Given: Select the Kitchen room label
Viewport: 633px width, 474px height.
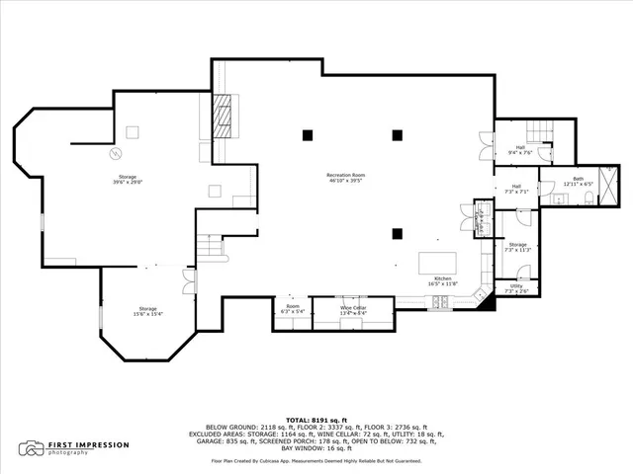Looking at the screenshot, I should [x=443, y=280].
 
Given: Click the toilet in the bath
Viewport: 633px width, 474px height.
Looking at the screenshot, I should [x=588, y=198].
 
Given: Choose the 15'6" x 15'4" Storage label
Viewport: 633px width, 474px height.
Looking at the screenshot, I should [x=147, y=310].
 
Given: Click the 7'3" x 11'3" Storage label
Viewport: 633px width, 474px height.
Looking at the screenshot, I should [x=517, y=247].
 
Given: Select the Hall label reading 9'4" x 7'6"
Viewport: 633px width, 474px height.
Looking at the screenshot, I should [x=520, y=150].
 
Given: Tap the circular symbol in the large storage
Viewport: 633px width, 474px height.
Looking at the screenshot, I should [x=116, y=153].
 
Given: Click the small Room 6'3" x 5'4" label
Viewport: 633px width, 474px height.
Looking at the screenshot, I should [x=293, y=310].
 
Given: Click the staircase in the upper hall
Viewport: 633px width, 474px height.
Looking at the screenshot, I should [x=539, y=130].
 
